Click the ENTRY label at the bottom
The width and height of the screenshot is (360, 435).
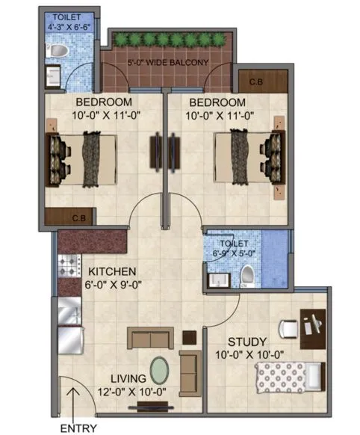78,428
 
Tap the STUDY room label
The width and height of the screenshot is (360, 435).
243,342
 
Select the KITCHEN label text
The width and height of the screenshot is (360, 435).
111,271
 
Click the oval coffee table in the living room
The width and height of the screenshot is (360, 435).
161,370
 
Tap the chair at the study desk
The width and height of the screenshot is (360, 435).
288,327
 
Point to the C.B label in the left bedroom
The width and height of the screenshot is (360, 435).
78,218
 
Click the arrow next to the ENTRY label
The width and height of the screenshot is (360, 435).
72,410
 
